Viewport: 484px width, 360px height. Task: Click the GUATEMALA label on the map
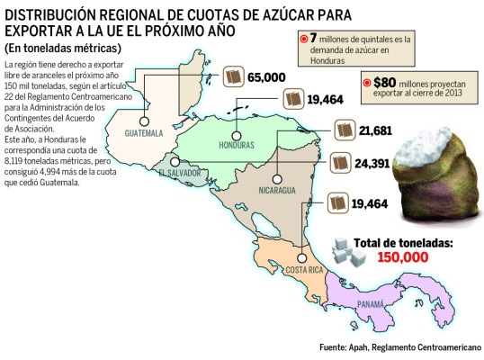[x=143, y=133]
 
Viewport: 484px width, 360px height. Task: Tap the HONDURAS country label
[x=236, y=144]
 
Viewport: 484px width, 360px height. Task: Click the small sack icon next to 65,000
[x=233, y=77]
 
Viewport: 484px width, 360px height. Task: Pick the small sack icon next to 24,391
[x=340, y=164]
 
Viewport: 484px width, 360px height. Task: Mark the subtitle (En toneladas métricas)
[x=62, y=48]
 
